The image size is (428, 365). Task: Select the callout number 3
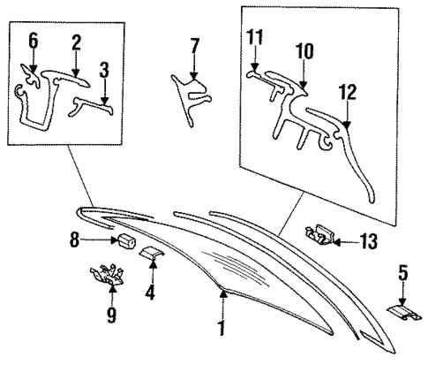click(104, 70)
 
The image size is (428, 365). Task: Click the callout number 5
click(402, 276)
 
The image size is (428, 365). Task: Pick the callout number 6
click(34, 40)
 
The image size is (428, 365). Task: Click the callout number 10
click(304, 52)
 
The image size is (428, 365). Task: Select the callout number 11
click(255, 36)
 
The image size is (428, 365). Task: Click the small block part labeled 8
click(126, 240)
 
